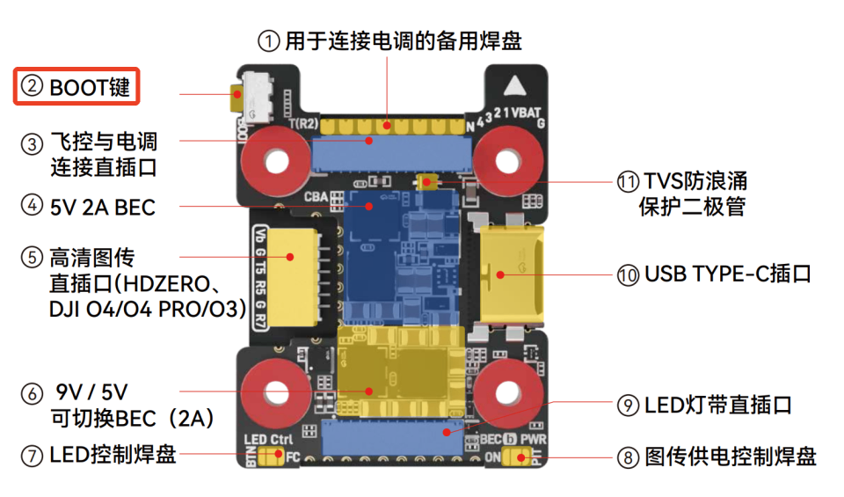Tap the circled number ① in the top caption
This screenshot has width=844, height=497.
[268, 40]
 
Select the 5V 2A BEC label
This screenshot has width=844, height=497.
[102, 208]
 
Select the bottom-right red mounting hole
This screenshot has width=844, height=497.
[506, 392]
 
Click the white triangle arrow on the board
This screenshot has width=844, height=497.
[515, 87]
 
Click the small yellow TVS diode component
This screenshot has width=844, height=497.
[430, 182]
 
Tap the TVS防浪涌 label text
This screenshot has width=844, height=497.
[695, 181]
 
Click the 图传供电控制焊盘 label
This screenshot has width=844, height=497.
[731, 457]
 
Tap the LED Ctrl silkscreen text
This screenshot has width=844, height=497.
[267, 439]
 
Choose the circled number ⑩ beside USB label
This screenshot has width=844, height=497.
[628, 274]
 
